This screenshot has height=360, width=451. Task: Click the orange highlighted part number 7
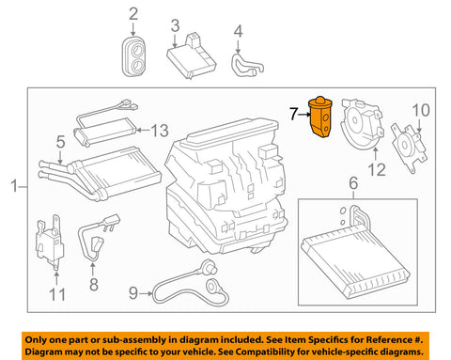(320, 117)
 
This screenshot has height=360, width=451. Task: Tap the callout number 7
(293, 114)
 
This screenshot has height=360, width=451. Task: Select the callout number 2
(133, 14)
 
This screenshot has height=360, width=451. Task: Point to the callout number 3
(176, 25)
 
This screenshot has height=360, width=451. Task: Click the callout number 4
(239, 32)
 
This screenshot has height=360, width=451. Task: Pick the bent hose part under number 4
(246, 65)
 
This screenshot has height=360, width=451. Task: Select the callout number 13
(160, 131)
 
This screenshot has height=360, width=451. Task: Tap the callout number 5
(61, 142)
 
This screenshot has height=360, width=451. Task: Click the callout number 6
(353, 183)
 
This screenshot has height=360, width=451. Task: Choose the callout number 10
(421, 110)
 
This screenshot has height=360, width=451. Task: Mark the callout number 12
(377, 170)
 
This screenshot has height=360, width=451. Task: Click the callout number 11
(57, 294)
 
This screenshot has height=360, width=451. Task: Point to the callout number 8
(94, 285)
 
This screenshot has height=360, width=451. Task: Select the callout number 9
(133, 293)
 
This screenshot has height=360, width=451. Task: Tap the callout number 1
(14, 185)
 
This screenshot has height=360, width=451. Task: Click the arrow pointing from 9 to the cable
(147, 293)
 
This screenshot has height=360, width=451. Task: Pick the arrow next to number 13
(144, 130)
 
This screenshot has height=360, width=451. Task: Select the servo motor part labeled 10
(409, 149)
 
